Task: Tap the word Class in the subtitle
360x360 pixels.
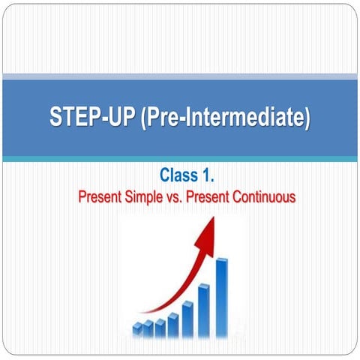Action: [x=177, y=175]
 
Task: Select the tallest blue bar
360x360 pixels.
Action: [x=222, y=296]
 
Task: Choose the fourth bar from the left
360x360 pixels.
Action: [x=172, y=325]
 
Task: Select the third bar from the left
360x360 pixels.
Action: [x=160, y=327]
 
